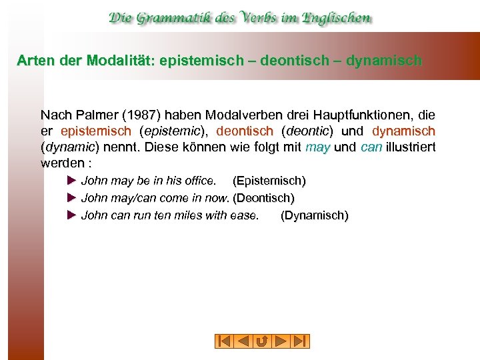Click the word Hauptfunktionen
coord(357,115)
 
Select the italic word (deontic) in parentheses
coord(308,131)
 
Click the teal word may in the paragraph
coord(318,147)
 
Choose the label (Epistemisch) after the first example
coord(269,181)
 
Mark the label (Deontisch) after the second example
coord(263,198)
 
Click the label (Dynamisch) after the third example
coord(315,215)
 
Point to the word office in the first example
coord(199,181)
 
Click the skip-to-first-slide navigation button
coord(224,341)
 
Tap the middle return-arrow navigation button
coord(262,341)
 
